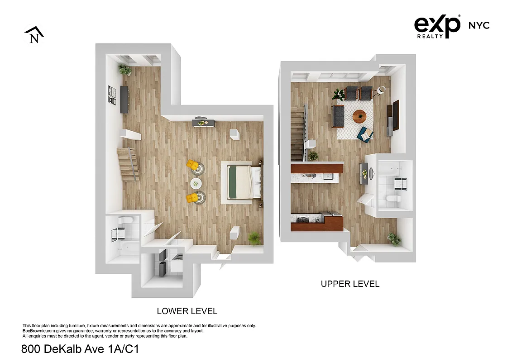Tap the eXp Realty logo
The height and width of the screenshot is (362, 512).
coord(437,27)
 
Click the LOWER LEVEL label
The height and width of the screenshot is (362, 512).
coord(187,311)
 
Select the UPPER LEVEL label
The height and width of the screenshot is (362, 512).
coord(350,284)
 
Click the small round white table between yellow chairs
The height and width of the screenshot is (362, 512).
coord(196,183)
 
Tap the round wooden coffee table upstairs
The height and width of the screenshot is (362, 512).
coord(360,116)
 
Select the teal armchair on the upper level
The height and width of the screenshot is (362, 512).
coord(365,134)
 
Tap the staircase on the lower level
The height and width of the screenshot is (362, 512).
coord(127,165)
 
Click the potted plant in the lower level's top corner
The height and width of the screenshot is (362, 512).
coord(124,70)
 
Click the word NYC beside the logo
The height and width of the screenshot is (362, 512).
coord(479,25)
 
